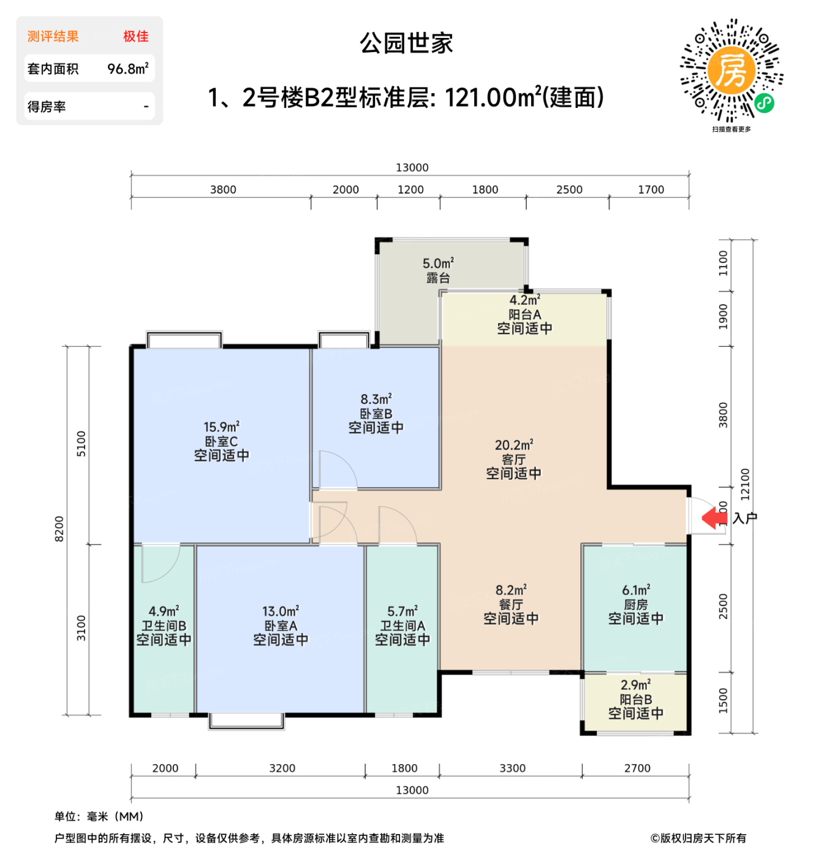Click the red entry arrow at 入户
(714, 518)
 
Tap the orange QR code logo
(731, 70)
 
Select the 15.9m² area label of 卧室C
(221, 427)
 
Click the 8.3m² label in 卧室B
(376, 400)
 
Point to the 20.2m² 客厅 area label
(513, 445)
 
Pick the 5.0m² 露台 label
(438, 264)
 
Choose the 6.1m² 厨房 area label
(636, 590)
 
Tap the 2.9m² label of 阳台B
(636, 685)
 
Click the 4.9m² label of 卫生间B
(164, 612)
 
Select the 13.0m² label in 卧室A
(281, 612)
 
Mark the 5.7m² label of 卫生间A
(402, 612)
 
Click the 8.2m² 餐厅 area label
(511, 590)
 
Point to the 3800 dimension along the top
(223, 190)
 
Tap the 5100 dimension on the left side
(81, 444)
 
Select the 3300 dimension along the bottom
(512, 769)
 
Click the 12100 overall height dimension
(745, 484)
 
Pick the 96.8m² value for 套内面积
(127, 69)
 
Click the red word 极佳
(135, 37)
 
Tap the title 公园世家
(406, 44)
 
